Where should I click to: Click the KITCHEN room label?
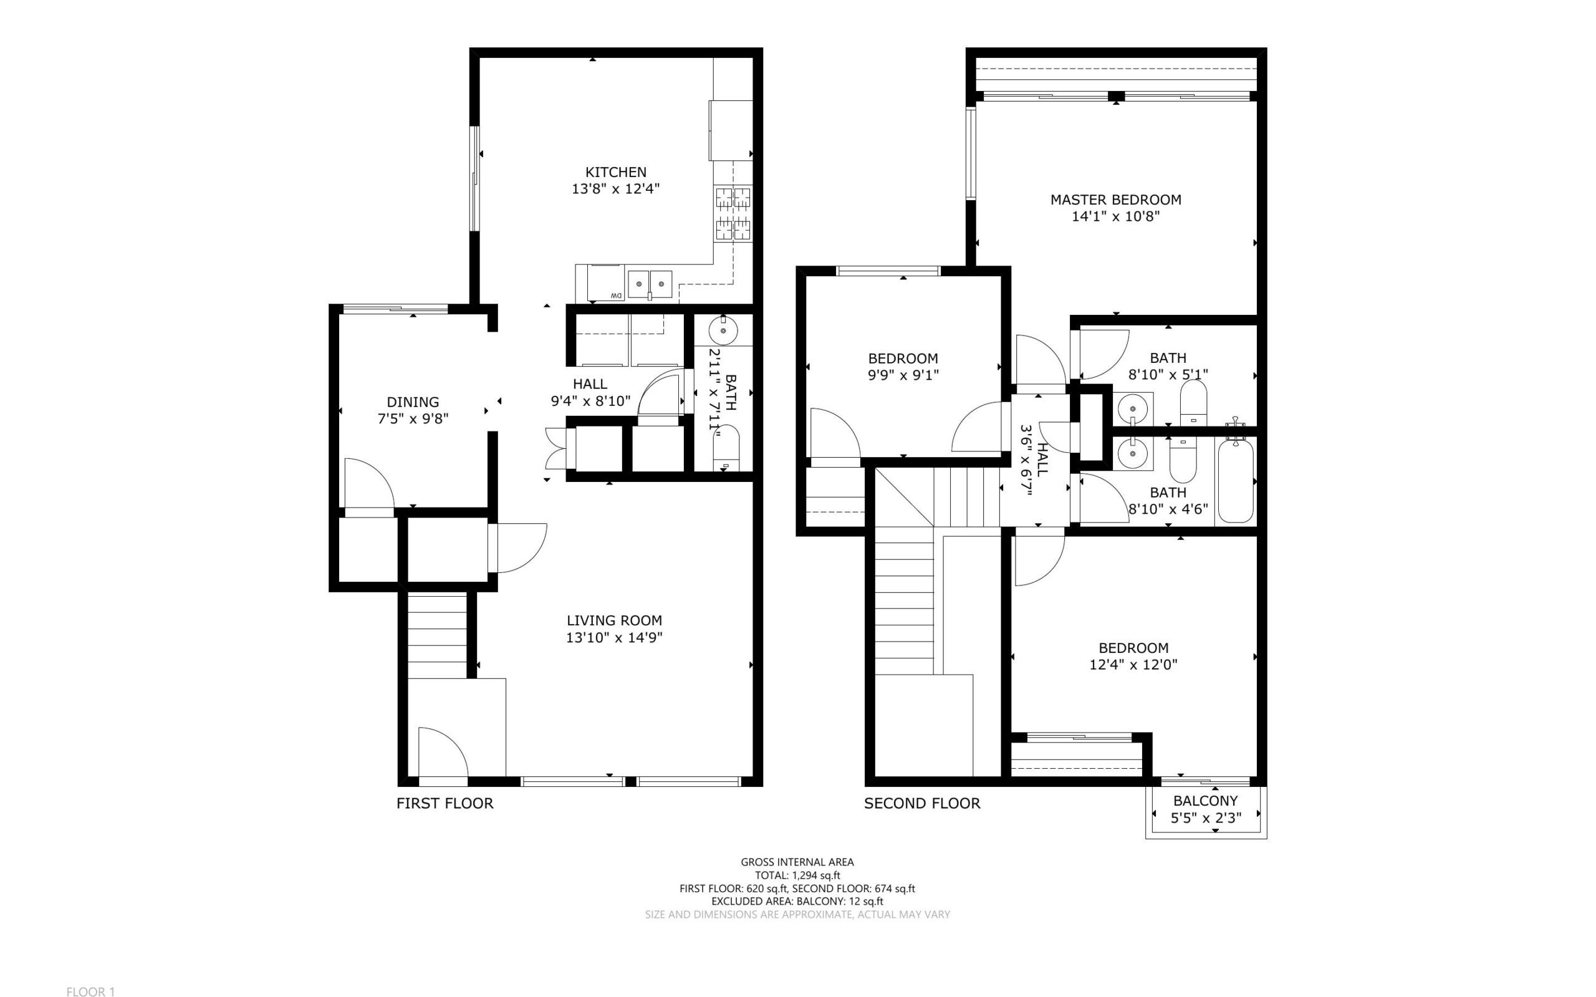pos(616,172)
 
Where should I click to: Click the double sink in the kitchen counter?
pos(650,284)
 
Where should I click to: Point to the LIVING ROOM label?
pos(615,620)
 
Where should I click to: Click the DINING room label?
pos(413,402)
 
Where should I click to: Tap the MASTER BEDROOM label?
pos(1115,200)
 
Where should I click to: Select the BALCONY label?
pos(1205,801)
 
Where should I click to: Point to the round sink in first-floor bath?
pos(724,330)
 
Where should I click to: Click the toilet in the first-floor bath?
pos(726,448)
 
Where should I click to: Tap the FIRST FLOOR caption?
pos(445,803)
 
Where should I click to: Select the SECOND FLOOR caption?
pos(922,803)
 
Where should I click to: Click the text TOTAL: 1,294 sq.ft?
pos(797,875)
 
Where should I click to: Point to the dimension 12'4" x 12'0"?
pos(1133,665)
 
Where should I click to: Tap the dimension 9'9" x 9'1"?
pos(903,375)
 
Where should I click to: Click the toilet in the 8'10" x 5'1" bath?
pos(1193,403)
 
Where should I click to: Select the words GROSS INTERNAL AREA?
pos(797,862)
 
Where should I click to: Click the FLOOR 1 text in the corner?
pos(91,991)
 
